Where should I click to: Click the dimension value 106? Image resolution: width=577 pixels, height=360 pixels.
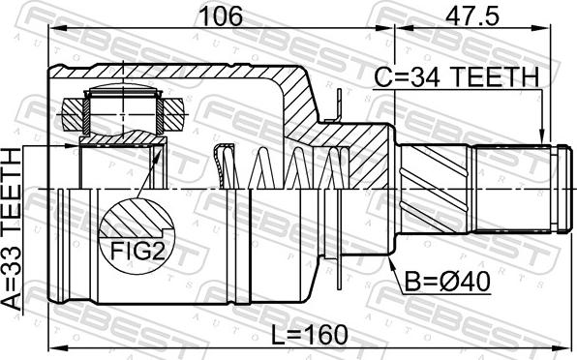tap(221, 15)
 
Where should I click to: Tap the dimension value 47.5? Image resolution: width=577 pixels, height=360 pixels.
tap(472, 15)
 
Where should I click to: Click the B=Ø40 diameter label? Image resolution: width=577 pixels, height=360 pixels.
tap(447, 282)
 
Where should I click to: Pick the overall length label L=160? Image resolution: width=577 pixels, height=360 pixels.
tap(309, 335)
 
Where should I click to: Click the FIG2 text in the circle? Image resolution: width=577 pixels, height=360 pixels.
tap(137, 252)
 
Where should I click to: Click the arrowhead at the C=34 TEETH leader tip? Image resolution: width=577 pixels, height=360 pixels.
tap(541, 136)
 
